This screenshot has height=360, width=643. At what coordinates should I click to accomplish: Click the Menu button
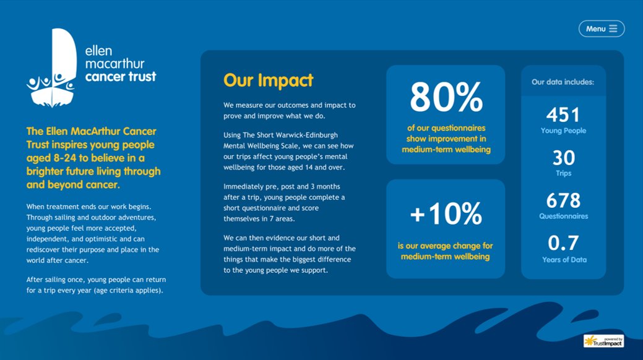pyautogui.click(x=601, y=28)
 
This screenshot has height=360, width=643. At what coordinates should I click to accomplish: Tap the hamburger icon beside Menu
pyautogui.click(x=613, y=28)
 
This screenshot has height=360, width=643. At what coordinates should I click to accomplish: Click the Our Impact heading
pyautogui.click(x=268, y=80)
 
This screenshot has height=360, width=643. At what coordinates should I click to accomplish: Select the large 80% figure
pyautogui.click(x=446, y=97)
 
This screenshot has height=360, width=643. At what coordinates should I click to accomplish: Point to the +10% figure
pyautogui.click(x=446, y=214)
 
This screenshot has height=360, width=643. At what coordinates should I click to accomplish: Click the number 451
pyautogui.click(x=563, y=115)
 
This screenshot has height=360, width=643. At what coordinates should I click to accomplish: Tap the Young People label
pyautogui.click(x=563, y=131)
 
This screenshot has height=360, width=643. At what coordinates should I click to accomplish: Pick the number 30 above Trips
pyautogui.click(x=563, y=158)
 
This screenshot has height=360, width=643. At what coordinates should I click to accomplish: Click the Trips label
pyautogui.click(x=563, y=174)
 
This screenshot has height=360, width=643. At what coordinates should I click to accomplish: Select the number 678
pyautogui.click(x=563, y=200)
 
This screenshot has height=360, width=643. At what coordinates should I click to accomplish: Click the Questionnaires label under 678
pyautogui.click(x=563, y=216)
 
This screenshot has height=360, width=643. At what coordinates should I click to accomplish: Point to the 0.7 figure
pyautogui.click(x=563, y=242)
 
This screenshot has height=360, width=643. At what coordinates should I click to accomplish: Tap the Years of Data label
pyautogui.click(x=564, y=260)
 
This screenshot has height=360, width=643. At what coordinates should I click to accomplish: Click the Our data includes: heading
pyautogui.click(x=563, y=82)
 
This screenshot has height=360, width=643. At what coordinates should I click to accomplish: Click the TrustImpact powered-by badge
pyautogui.click(x=603, y=341)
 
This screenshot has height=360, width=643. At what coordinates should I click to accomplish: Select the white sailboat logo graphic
pyautogui.click(x=52, y=67)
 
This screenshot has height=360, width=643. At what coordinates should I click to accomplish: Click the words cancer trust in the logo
pyautogui.click(x=120, y=77)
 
